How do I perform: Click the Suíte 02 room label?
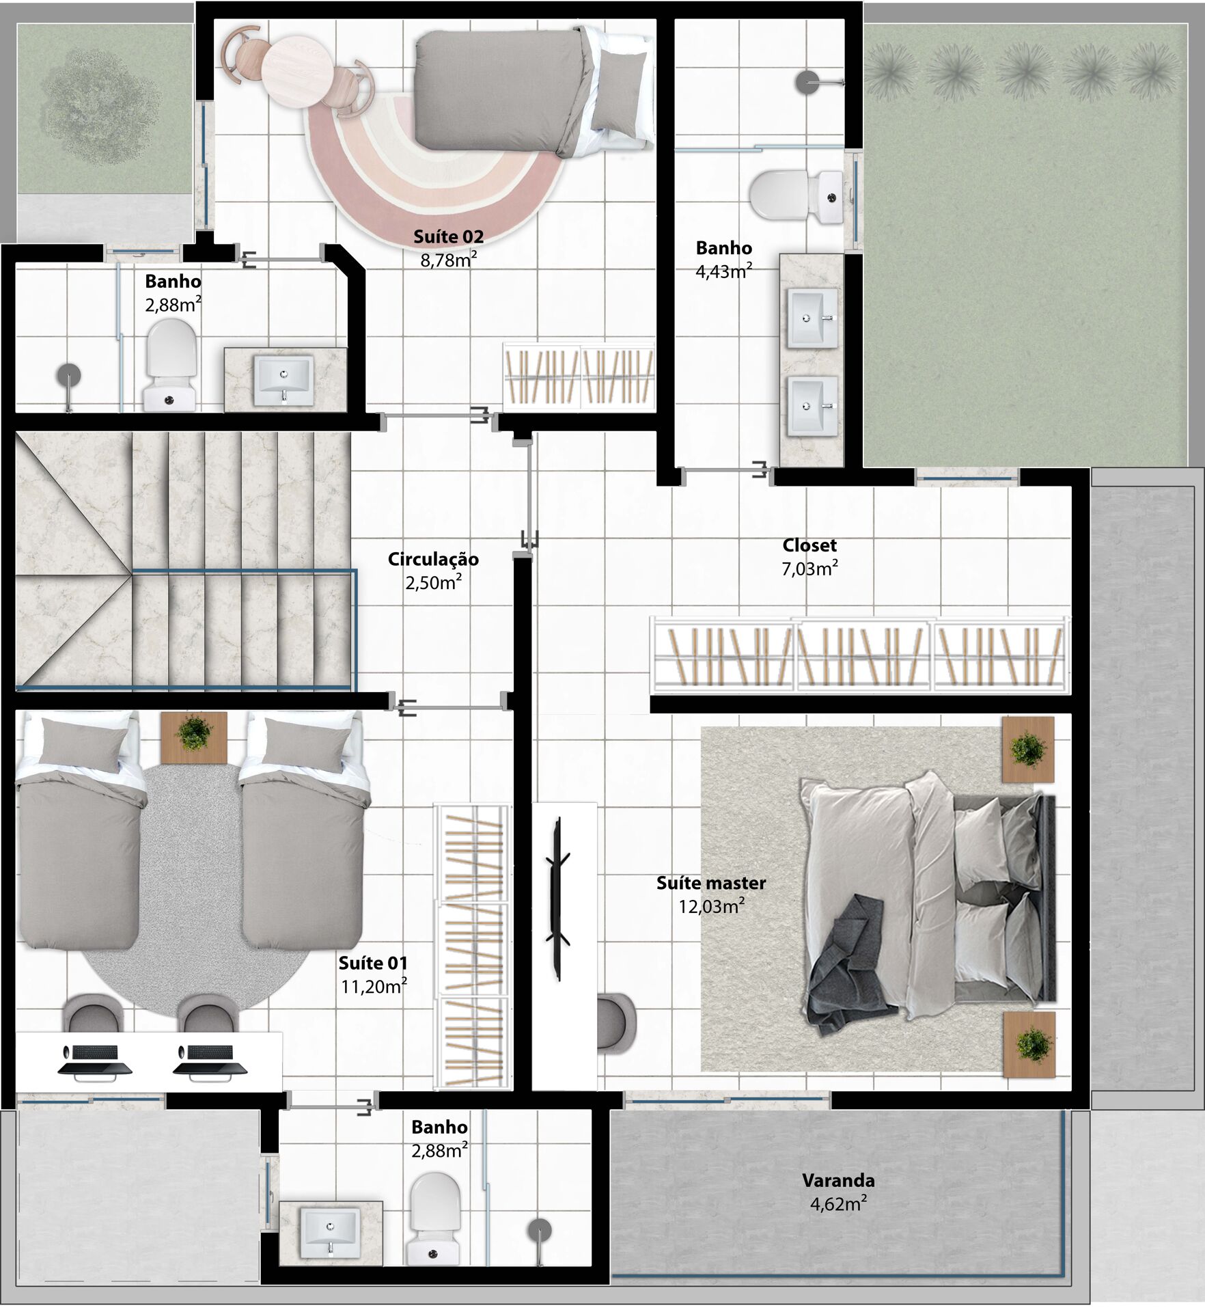[x=448, y=237]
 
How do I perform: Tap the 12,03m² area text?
[x=711, y=906]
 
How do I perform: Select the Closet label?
[x=809, y=545]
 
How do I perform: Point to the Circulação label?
[x=433, y=559]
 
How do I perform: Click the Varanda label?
[x=838, y=1180]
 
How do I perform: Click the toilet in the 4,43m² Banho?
[x=796, y=196]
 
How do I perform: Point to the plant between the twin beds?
[x=194, y=732]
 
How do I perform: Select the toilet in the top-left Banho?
[x=171, y=365]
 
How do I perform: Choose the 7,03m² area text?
[x=809, y=569]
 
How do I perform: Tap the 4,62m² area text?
[x=838, y=1203]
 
